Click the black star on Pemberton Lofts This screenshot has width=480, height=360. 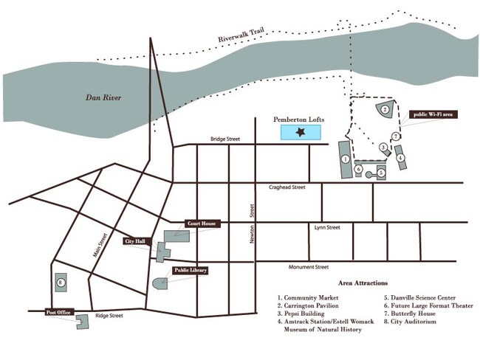coord(301,132)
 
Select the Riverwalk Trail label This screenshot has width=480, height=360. coord(241,35)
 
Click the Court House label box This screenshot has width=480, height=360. coord(202,224)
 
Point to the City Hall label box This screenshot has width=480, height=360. coord(135,241)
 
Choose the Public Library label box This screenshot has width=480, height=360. coord(191,271)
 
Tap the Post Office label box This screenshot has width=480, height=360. coord(58,312)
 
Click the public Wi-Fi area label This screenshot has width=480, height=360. coord(433,114)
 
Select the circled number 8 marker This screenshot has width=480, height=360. coord(61,283)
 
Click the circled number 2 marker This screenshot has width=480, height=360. coord(385,109)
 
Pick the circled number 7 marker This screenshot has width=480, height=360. coord(396,136)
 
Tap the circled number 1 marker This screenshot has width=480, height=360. coord(346,159)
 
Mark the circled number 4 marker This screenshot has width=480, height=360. coord(400,158)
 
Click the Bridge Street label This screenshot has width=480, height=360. coord(225,139)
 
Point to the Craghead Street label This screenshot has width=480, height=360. coord(287,187)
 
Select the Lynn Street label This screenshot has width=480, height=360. coord(327,227)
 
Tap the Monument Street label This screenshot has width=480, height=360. coord(309,267)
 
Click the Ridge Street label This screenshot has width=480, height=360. coord(109,316)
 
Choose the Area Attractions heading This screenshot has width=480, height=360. coord(363,283)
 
